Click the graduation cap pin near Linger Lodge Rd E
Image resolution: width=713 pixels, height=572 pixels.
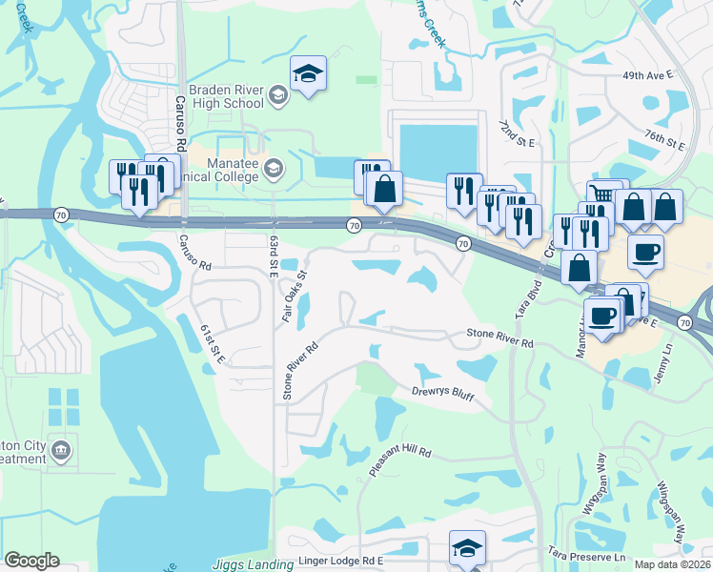point(466,549)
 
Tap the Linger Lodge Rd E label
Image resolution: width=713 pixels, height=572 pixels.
point(340,562)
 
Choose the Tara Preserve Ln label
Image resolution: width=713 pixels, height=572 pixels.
point(586,554)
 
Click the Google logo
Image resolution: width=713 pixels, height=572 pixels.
point(31,561)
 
